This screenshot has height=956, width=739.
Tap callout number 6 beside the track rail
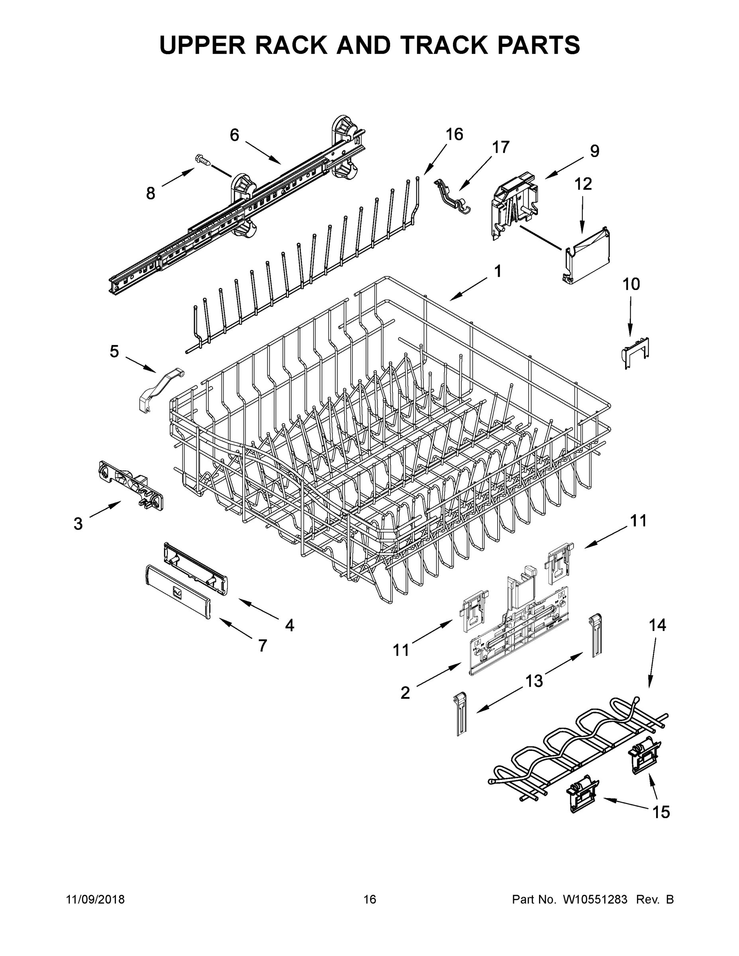(x=235, y=135)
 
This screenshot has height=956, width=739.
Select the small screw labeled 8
(x=203, y=160)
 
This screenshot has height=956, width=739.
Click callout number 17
(x=500, y=147)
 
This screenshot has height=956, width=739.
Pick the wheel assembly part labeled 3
(x=130, y=484)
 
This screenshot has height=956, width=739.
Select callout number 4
(x=289, y=625)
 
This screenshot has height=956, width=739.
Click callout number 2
(x=406, y=692)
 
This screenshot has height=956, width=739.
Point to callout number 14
(x=657, y=625)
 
